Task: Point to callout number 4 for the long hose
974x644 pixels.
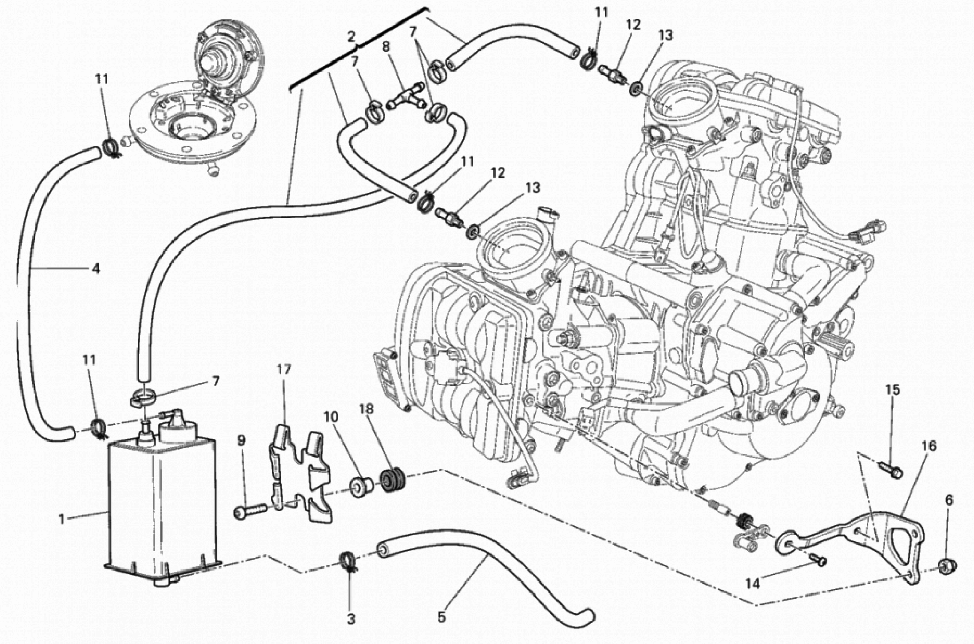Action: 96,269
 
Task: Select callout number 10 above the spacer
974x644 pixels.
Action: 331,417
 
